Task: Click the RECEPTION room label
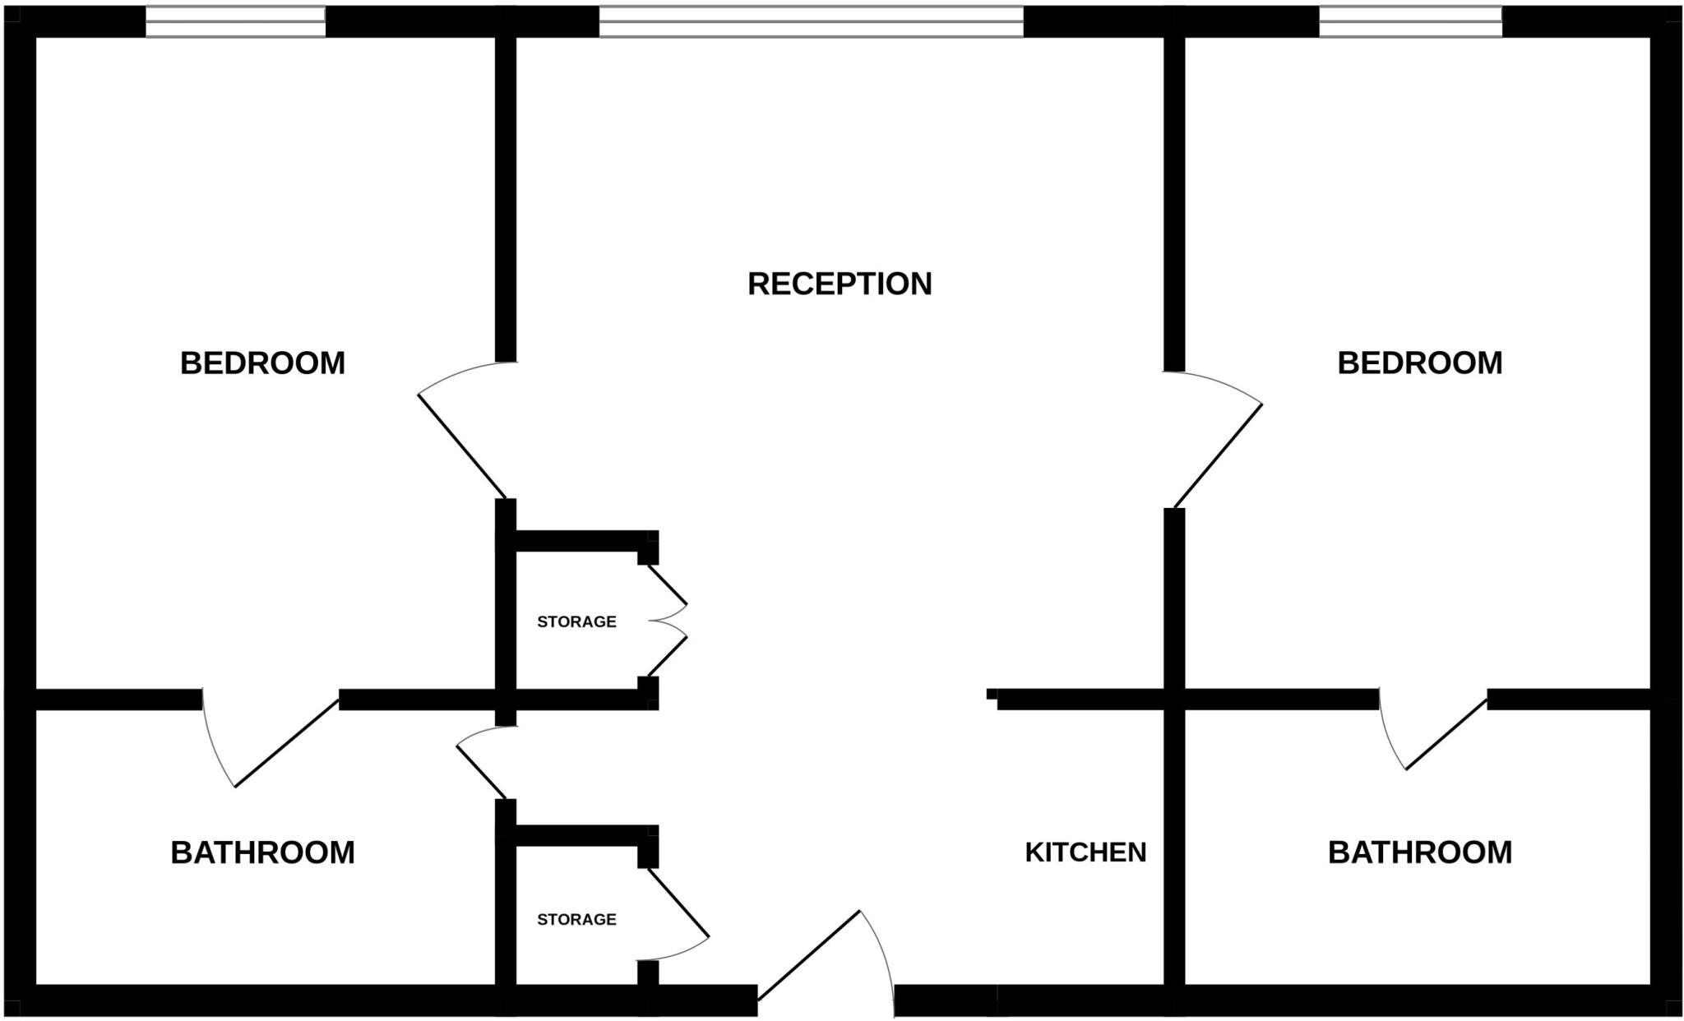click(840, 284)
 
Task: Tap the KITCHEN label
click(1085, 852)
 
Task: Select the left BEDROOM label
click(262, 363)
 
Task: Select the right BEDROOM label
click(1419, 363)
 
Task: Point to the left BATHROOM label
click(262, 852)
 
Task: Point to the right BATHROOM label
click(1419, 852)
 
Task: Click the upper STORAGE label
click(576, 621)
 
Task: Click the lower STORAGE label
click(576, 919)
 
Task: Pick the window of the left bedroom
click(235, 21)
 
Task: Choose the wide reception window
click(811, 21)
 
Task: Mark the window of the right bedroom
click(1410, 21)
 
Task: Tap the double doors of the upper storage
click(666, 621)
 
